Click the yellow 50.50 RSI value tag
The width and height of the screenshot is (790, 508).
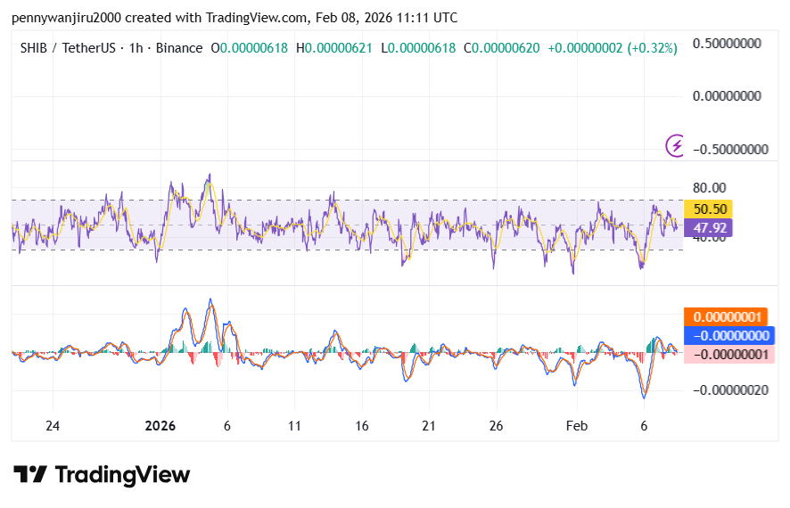pos(712,209)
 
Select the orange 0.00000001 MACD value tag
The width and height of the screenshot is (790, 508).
pos(725,317)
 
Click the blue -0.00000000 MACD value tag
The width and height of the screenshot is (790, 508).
pos(729,336)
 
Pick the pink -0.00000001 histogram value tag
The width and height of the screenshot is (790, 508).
pos(728,355)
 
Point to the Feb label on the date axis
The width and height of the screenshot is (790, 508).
pos(579,426)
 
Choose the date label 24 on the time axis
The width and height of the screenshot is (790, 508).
pos(53,426)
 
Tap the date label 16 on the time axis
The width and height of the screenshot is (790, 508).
pos(362,426)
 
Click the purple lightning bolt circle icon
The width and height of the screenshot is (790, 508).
pos(677,144)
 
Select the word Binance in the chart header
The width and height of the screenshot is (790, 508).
pos(178,48)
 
